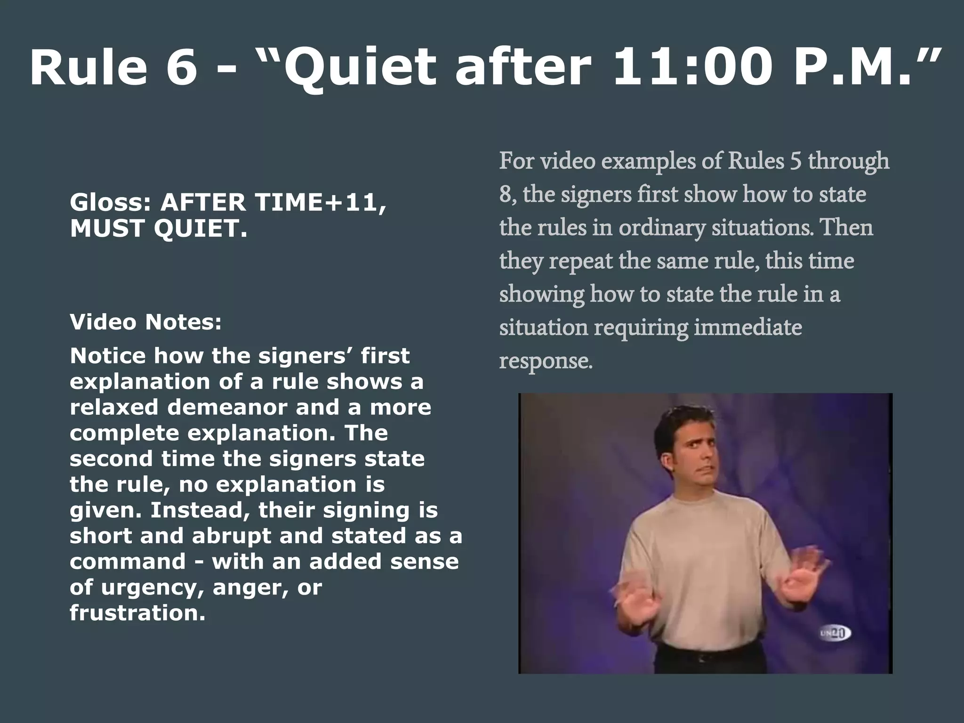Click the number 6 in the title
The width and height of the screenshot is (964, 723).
181,67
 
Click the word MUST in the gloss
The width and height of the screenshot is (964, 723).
108,229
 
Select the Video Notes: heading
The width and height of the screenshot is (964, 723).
145,322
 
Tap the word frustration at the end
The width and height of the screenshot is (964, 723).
137,613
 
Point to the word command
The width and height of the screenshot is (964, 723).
128,562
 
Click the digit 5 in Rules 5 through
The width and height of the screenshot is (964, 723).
795,161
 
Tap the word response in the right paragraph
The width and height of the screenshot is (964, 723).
545,361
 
